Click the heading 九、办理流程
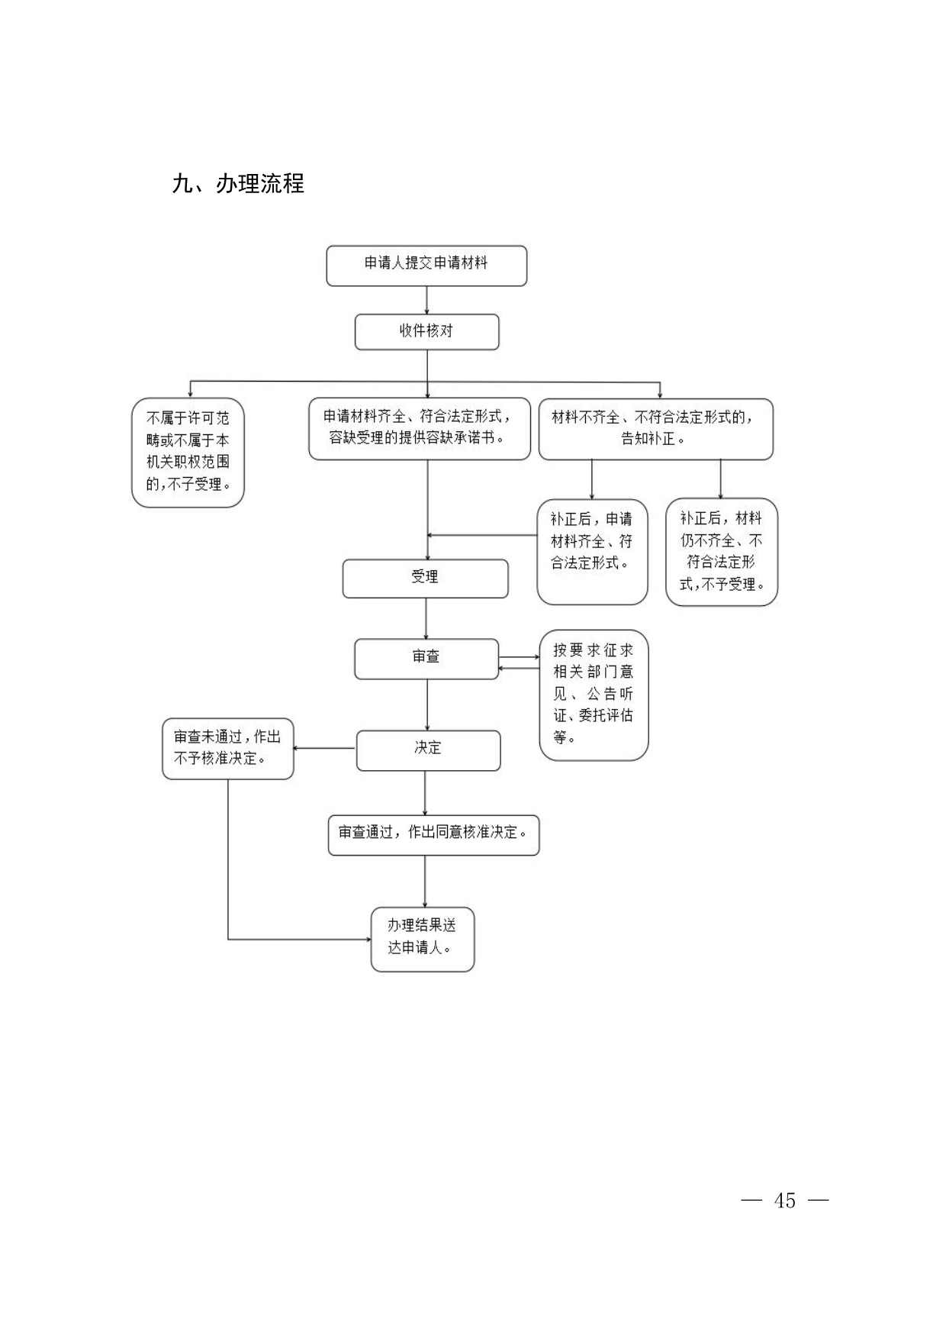[x=238, y=184]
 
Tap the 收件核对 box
[x=426, y=332]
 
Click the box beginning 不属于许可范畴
[x=188, y=452]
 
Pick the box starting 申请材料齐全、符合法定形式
[x=419, y=428]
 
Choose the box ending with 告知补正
[x=655, y=429]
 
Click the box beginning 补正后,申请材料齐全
[x=592, y=551]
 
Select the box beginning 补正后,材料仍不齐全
[x=721, y=552]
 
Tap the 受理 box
[x=425, y=579]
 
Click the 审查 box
[x=426, y=659]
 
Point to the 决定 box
[x=428, y=750]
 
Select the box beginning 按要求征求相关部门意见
[x=594, y=695]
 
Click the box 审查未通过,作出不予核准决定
[x=227, y=749]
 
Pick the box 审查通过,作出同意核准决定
[x=433, y=835]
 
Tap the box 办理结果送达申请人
[x=422, y=939]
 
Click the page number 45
[x=784, y=1201]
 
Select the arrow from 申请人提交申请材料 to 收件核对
[x=426, y=300]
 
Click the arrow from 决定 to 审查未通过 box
[x=325, y=748]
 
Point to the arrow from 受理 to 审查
[x=426, y=618]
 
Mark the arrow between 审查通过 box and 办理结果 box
[x=425, y=881]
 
